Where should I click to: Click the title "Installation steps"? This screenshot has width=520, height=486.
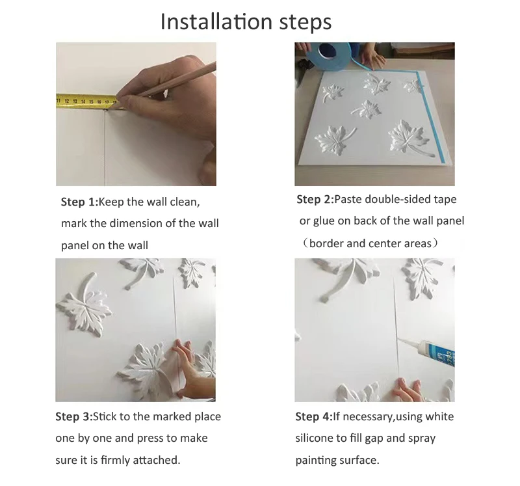click(246, 22)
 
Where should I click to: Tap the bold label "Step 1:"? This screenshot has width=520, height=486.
click(79, 202)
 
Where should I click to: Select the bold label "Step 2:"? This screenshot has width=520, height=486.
click(315, 199)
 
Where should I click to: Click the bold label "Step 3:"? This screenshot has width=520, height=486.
click(74, 416)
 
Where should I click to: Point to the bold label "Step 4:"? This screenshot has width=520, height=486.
click(314, 416)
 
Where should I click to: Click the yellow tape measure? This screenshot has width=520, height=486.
click(87, 101)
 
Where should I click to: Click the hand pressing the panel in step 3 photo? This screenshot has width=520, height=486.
click(190, 368)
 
